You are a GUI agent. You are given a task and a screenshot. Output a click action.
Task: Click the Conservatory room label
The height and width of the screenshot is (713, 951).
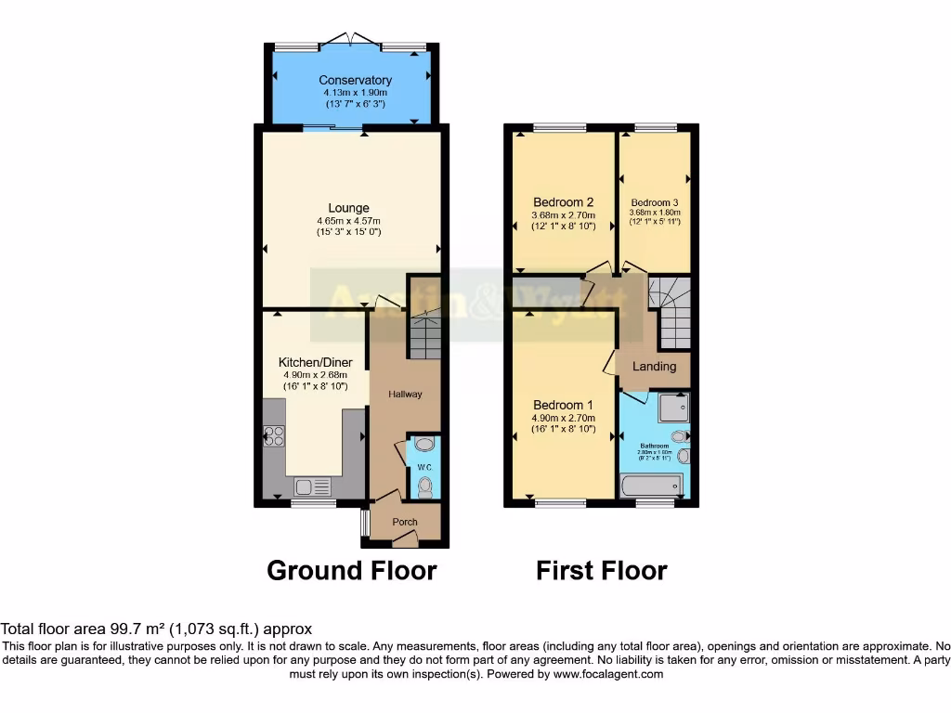pos(355,81)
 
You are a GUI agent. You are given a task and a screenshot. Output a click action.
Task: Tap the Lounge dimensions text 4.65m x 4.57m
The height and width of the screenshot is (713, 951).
pos(348,220)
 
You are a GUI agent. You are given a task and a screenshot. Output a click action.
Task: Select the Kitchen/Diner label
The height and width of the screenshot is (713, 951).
pos(315,362)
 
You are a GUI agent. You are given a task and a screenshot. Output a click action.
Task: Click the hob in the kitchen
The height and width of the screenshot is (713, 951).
pos(274,435)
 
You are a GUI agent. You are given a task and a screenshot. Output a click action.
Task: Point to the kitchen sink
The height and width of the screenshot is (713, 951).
pos(313,486)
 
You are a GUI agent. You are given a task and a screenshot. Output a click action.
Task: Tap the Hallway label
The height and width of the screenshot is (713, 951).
pos(405,395)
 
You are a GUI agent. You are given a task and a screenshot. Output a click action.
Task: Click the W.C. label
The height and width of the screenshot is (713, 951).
pos(423,467)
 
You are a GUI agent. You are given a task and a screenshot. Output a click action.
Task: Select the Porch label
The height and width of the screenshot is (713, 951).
pos(405,522)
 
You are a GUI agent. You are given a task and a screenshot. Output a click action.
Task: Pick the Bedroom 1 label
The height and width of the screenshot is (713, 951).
pos(564,406)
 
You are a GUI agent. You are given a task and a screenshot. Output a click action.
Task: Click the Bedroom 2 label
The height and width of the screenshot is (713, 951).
pos(563,202)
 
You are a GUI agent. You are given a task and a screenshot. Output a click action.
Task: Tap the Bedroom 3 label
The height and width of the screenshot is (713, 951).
pos(655,202)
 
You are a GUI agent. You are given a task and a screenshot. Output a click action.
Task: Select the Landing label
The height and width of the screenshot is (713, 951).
pos(654,367)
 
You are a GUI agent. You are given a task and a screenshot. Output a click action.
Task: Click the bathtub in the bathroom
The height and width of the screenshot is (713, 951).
pos(651,485)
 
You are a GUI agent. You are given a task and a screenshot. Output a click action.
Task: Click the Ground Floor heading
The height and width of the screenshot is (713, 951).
pos(351,570)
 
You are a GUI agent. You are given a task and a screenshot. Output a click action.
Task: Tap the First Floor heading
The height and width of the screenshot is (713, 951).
pos(601,570)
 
